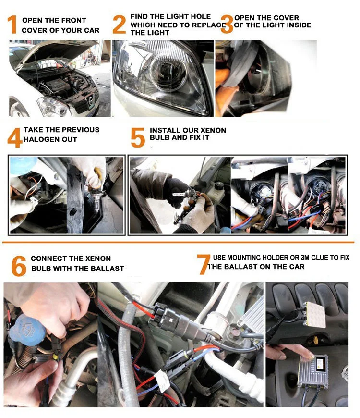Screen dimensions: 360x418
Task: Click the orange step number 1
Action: (12, 25)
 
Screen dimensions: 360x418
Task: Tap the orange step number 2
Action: (119, 25)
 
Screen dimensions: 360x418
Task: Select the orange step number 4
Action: (14, 137)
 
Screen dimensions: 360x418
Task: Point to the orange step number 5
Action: (138, 137)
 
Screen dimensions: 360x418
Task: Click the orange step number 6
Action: (19, 266)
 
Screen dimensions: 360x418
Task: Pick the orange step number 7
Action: (204, 264)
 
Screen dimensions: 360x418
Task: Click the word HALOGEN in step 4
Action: (42, 139)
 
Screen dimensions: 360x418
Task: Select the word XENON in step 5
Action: (213, 130)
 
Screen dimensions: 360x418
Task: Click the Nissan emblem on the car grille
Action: (91, 100)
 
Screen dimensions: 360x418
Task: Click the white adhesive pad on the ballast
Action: (315, 315)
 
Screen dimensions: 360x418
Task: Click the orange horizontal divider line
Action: (179, 242)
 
